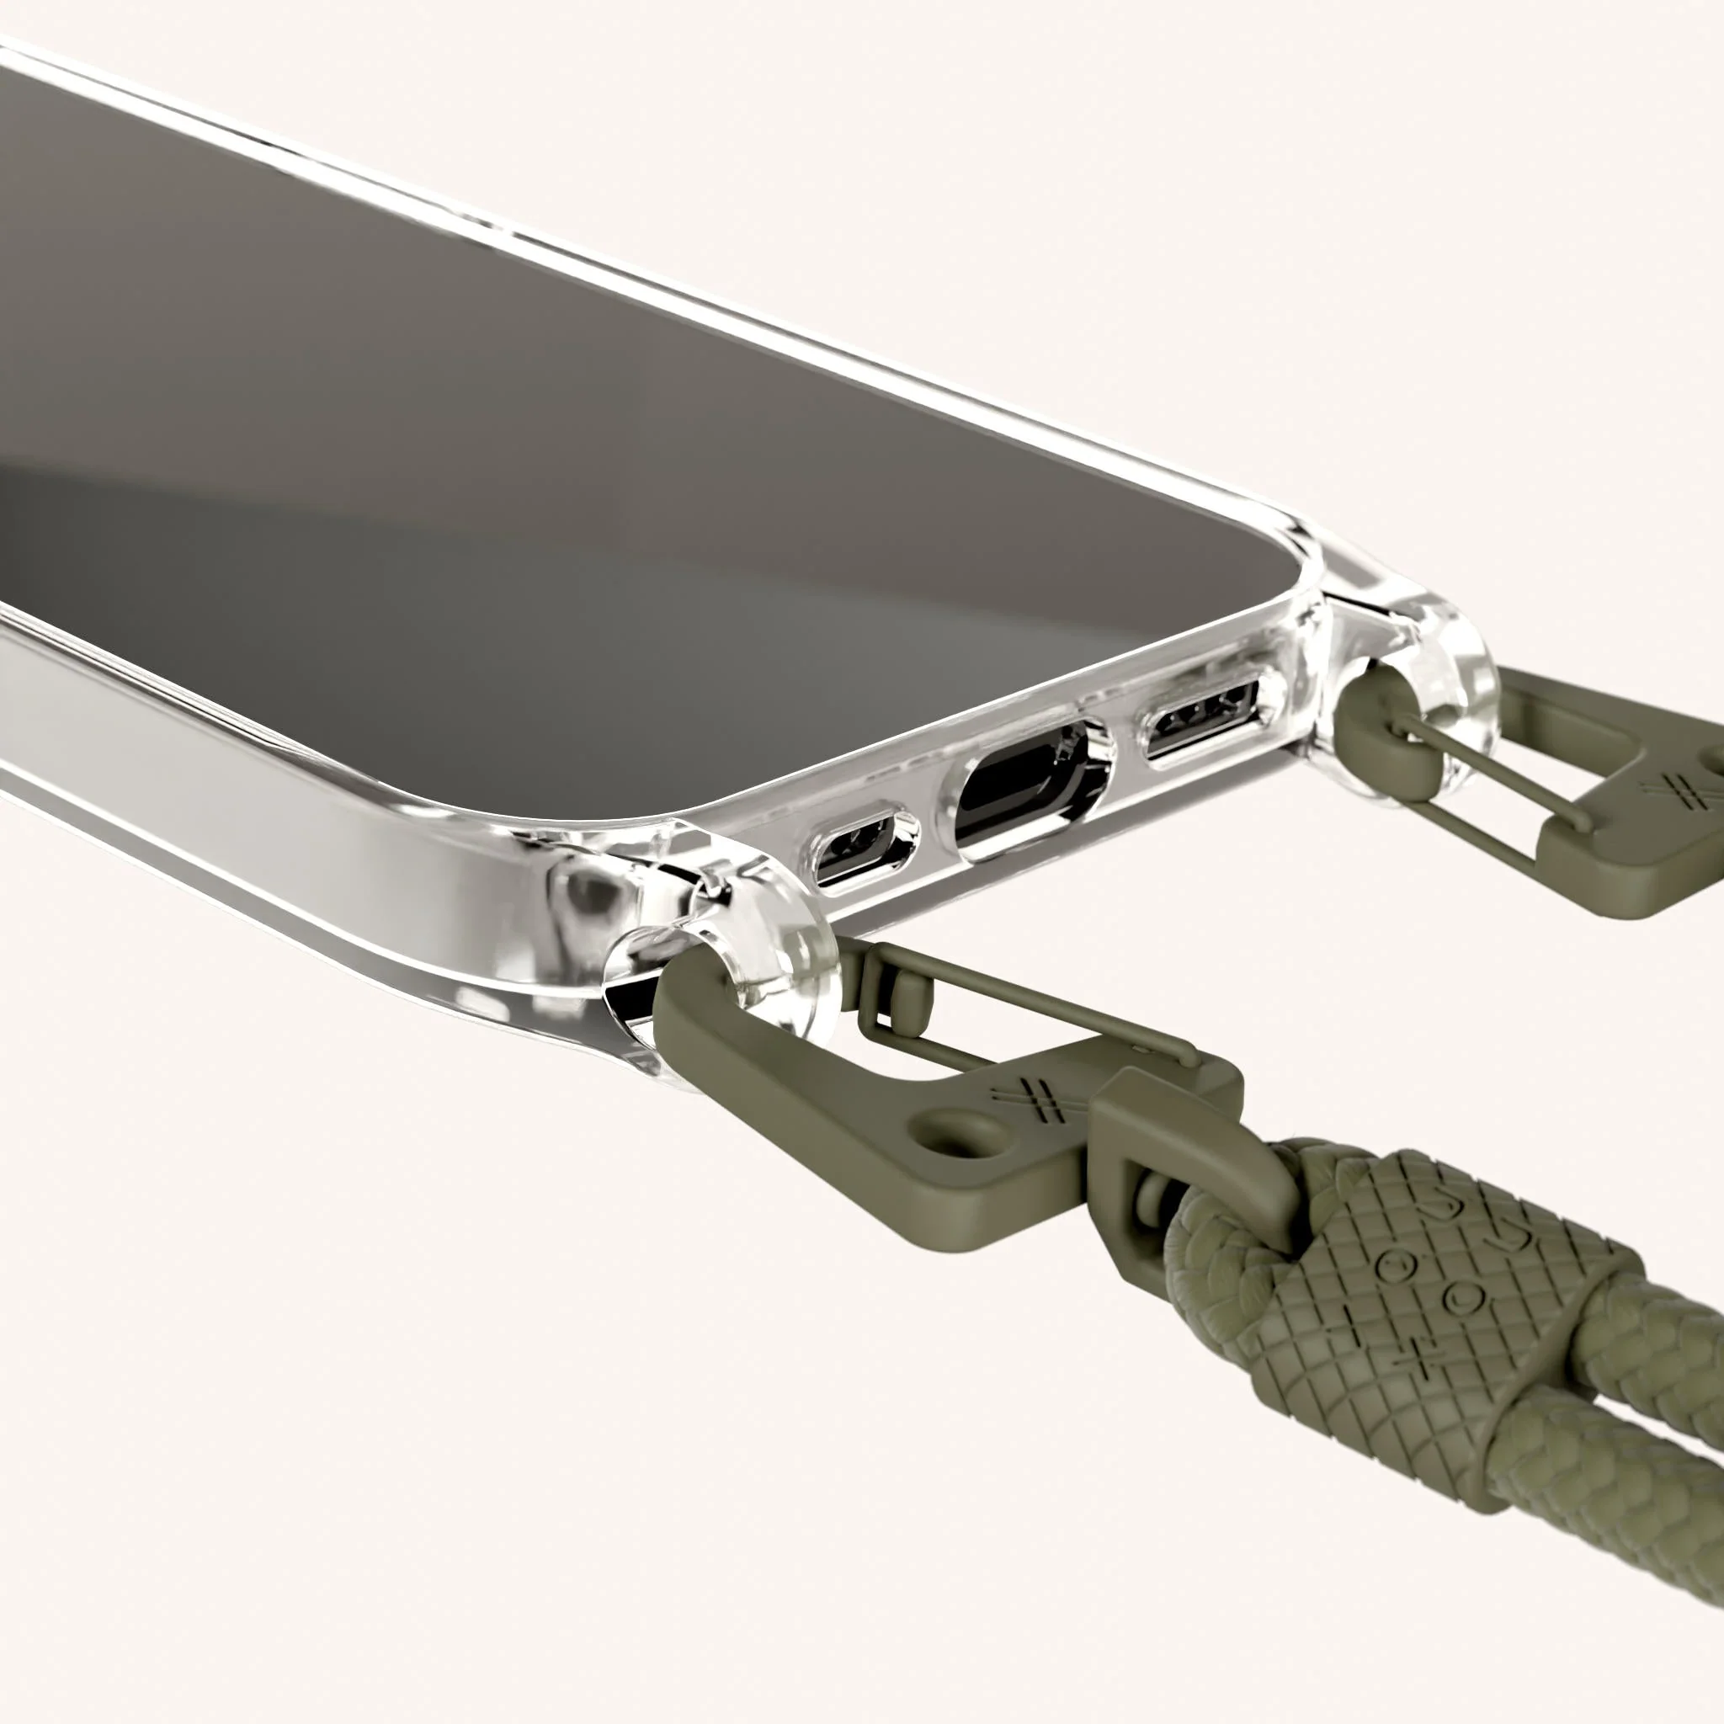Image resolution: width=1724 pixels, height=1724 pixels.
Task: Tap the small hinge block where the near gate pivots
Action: pyautogui.click(x=902, y=991)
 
